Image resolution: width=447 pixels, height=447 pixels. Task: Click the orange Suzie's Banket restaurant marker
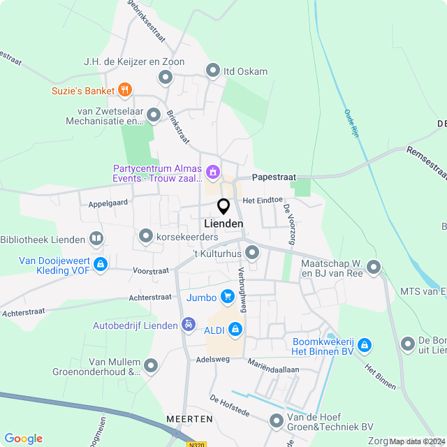[125, 89]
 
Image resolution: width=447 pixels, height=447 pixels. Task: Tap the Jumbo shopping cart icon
[227, 297]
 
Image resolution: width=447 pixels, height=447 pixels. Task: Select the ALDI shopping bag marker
[235, 328]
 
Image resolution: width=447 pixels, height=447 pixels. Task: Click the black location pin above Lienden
[223, 207]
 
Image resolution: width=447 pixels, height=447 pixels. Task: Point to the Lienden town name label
[224, 223]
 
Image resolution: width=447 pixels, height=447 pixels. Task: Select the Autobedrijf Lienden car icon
[188, 325]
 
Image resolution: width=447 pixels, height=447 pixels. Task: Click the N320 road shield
[197, 443]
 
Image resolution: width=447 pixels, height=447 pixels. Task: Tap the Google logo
[23, 439]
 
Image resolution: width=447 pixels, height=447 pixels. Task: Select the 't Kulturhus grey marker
[253, 252]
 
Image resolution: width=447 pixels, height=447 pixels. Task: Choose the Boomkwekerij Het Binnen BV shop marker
[364, 344]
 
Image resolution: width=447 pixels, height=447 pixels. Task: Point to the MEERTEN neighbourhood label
[189, 418]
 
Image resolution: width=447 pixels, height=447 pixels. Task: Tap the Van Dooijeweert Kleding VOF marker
[101, 264]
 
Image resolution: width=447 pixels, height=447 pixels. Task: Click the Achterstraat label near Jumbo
[150, 298]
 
